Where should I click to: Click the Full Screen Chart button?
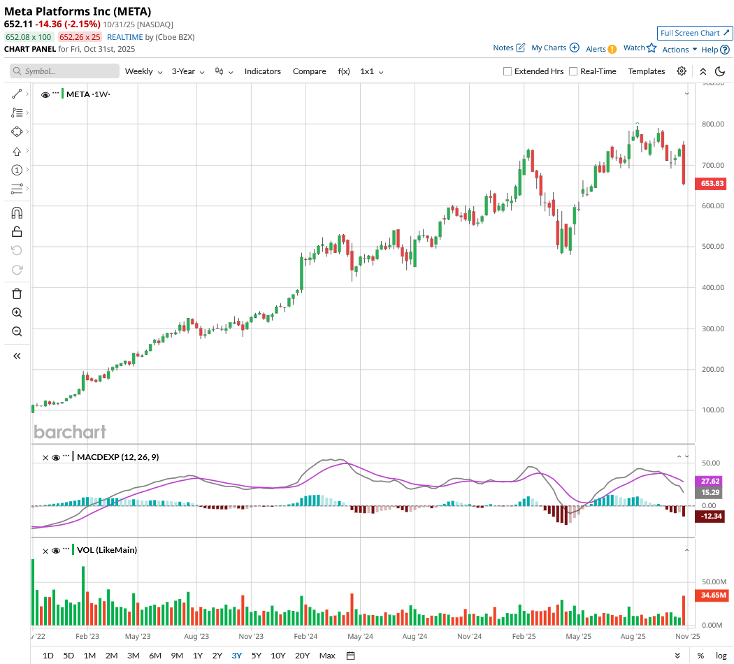click(x=695, y=33)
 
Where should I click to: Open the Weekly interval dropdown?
click(x=143, y=71)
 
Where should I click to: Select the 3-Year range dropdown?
click(x=188, y=71)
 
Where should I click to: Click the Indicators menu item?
click(x=263, y=71)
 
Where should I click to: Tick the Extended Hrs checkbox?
click(x=508, y=71)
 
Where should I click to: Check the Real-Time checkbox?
click(x=573, y=71)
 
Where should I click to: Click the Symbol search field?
click(x=65, y=71)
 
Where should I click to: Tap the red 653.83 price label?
click(x=712, y=183)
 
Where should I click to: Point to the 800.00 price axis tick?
click(x=712, y=124)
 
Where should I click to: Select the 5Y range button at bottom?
click(x=257, y=656)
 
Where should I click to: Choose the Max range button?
click(x=326, y=656)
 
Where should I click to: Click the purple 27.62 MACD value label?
click(x=711, y=482)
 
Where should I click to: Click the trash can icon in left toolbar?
click(x=17, y=294)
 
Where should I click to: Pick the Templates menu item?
click(x=647, y=71)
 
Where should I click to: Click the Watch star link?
click(x=640, y=48)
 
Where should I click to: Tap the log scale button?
click(x=721, y=656)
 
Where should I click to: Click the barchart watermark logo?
click(x=70, y=432)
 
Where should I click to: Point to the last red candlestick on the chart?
click(x=683, y=165)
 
